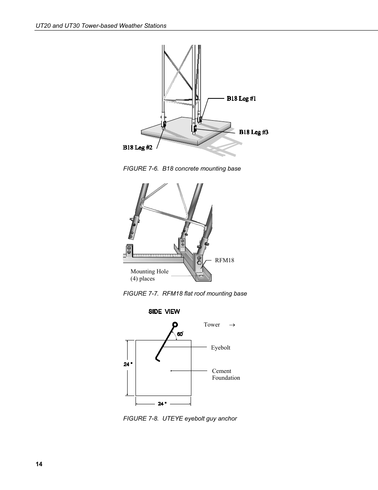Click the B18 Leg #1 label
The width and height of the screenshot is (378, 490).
tap(241, 98)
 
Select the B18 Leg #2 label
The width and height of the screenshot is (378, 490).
tap(137, 148)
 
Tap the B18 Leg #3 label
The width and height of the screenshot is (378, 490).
tap(254, 132)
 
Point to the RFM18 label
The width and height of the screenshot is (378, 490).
tap(225, 260)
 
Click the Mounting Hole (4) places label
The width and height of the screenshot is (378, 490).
tap(149, 275)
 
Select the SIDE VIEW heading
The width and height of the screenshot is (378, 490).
tap(164, 311)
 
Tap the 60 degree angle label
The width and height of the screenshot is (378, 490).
tap(180, 334)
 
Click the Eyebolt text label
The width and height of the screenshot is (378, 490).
tap(220, 348)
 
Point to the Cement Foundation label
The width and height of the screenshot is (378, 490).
tap(226, 375)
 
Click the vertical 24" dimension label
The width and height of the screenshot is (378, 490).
tap(128, 364)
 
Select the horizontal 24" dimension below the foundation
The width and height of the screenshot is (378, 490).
tap(162, 404)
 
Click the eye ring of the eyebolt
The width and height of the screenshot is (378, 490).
tap(175, 324)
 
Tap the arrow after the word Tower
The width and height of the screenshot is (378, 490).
tap(232, 325)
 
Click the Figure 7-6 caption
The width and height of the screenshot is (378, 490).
tap(182, 169)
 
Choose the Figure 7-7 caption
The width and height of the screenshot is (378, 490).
tap(185, 294)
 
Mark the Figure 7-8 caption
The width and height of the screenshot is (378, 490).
tap(180, 419)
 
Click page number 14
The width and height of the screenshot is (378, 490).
tap(39, 465)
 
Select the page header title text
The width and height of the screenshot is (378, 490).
tap(101, 26)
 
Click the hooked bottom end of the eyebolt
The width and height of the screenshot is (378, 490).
tap(157, 360)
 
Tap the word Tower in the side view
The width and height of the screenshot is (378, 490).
tap(212, 325)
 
